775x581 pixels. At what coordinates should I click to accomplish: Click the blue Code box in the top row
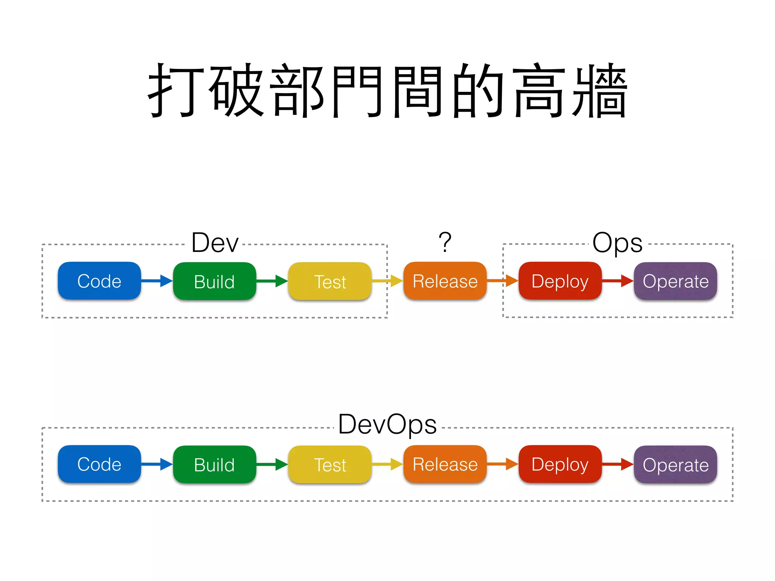pyautogui.click(x=99, y=281)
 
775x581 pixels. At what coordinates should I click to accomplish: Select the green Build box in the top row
pyautogui.click(x=214, y=281)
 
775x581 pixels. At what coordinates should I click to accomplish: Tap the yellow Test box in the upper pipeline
pyautogui.click(x=330, y=281)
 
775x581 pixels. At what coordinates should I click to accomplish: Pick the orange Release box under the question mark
pyautogui.click(x=445, y=281)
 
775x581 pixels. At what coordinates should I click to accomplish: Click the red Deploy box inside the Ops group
pyautogui.click(x=560, y=281)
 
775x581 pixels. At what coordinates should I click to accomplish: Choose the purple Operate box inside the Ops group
pyautogui.click(x=675, y=281)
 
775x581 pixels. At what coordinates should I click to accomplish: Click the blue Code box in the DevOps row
pyautogui.click(x=99, y=464)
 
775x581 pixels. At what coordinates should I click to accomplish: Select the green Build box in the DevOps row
pyautogui.click(x=214, y=464)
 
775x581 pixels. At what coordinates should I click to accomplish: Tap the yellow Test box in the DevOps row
pyautogui.click(x=330, y=464)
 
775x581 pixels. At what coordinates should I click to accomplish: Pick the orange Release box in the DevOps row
pyautogui.click(x=445, y=464)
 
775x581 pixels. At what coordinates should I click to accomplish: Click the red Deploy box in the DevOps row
pyautogui.click(x=560, y=464)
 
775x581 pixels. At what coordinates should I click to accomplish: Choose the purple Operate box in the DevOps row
pyautogui.click(x=675, y=464)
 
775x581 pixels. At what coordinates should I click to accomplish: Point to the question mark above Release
pyautogui.click(x=445, y=242)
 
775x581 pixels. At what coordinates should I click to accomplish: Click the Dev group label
pyautogui.click(x=215, y=242)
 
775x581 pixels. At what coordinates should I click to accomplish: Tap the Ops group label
pyautogui.click(x=617, y=242)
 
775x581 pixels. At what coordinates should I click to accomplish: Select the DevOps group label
pyautogui.click(x=387, y=424)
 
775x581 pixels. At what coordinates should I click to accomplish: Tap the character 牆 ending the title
pyautogui.click(x=600, y=91)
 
